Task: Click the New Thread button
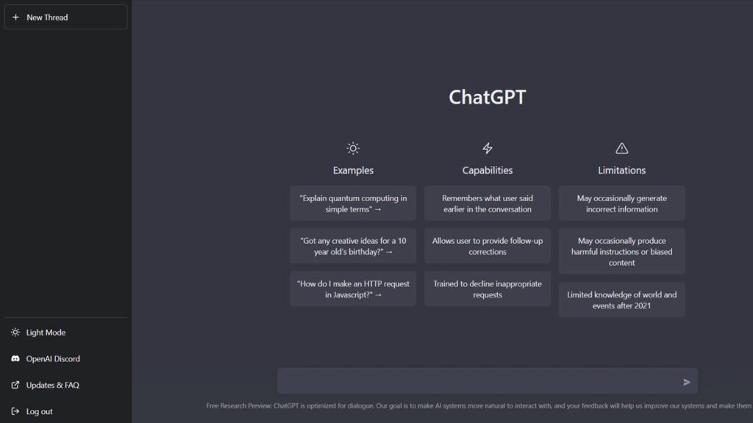tap(65, 18)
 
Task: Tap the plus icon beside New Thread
tap(16, 18)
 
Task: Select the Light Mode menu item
tap(38, 333)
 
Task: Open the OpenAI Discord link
tap(46, 358)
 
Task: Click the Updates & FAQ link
tap(45, 385)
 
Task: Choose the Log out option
tap(32, 411)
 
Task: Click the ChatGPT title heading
tap(488, 98)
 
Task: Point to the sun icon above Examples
tap(353, 148)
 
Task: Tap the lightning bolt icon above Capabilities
tap(488, 148)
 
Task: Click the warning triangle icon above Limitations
tap(622, 148)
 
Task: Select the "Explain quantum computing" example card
tap(353, 203)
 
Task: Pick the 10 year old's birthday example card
tap(353, 246)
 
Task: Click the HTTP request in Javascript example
tap(353, 289)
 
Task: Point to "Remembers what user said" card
tap(488, 203)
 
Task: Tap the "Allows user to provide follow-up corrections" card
tap(488, 246)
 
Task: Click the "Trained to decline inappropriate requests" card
tap(488, 289)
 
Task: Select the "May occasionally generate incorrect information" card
tap(622, 203)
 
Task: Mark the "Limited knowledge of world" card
tap(622, 300)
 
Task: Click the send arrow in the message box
tap(687, 382)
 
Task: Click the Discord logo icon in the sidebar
tap(15, 358)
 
